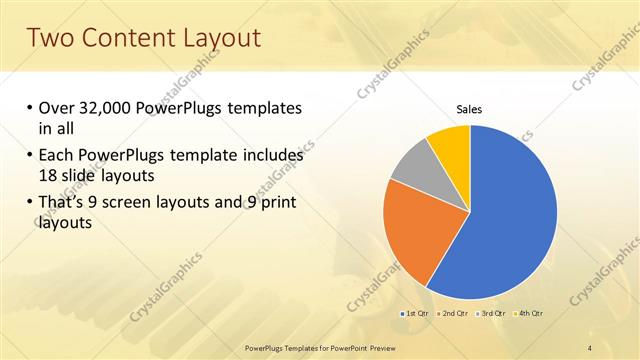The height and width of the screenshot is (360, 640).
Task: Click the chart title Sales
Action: click(x=469, y=110)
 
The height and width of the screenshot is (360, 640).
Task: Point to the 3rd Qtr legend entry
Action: click(x=490, y=314)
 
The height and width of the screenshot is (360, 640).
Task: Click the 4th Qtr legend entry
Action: click(x=527, y=314)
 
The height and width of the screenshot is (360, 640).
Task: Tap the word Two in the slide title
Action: click(x=50, y=38)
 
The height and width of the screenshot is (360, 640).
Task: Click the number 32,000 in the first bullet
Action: click(x=111, y=109)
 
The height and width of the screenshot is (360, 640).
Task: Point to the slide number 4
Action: click(x=590, y=347)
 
